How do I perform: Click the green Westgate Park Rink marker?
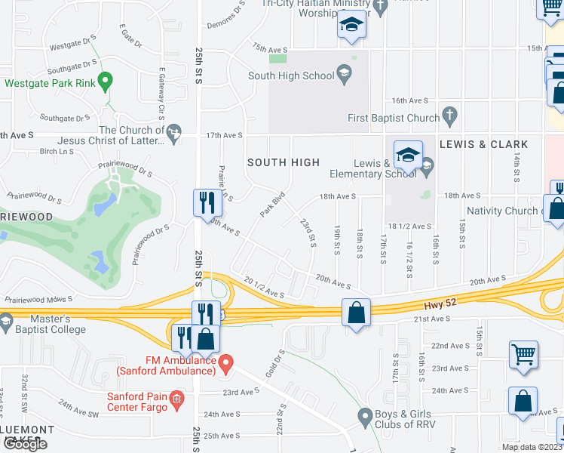pyautogui.click(x=106, y=79)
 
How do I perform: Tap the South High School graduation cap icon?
pyautogui.click(x=345, y=73)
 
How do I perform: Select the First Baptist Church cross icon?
pyautogui.click(x=449, y=116)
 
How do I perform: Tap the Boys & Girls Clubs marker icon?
pyautogui.click(x=365, y=415)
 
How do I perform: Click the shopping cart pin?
pyautogui.click(x=524, y=353)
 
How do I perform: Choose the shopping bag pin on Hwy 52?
pyautogui.click(x=356, y=311)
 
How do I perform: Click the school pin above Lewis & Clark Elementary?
pyautogui.click(x=407, y=155)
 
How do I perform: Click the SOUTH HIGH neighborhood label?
pyautogui.click(x=284, y=162)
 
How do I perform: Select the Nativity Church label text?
pyautogui.click(x=501, y=211)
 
